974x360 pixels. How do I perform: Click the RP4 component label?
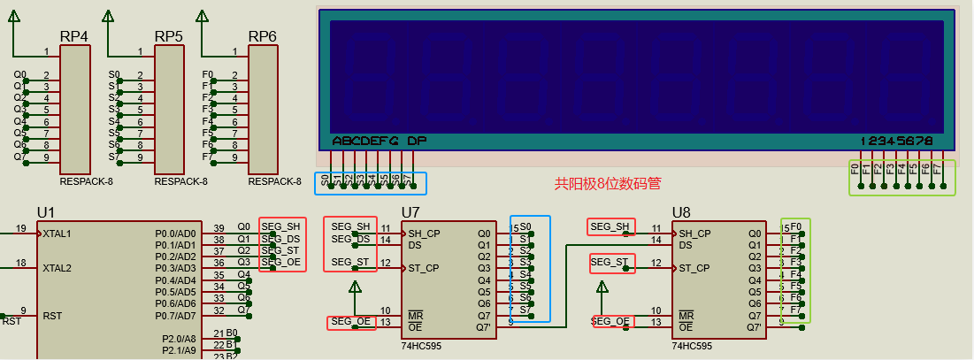pyautogui.click(x=73, y=36)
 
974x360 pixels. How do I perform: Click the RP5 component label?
pyautogui.click(x=168, y=36)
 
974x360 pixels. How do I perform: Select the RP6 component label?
pyautogui.click(x=262, y=36)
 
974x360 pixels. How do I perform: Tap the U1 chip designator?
pyautogui.click(x=46, y=212)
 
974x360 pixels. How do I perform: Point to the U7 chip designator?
pyautogui.click(x=410, y=212)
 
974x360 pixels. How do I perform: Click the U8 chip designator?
pyautogui.click(x=681, y=212)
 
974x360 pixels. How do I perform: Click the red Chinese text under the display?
pyautogui.click(x=608, y=184)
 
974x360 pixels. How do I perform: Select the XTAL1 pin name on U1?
pyautogui.click(x=57, y=234)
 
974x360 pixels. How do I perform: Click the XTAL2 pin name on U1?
pyautogui.click(x=57, y=268)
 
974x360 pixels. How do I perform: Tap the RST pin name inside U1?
pyautogui.click(x=52, y=316)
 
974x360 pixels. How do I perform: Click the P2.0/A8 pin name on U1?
pyautogui.click(x=179, y=339)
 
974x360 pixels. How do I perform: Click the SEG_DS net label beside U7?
pyautogui.click(x=350, y=239)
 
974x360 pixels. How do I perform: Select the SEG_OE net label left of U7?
pyautogui.click(x=350, y=322)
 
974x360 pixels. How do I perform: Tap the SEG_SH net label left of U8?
pyautogui.click(x=610, y=227)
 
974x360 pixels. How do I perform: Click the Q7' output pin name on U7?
pyautogui.click(x=483, y=327)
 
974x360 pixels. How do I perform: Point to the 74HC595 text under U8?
pyautogui.click(x=692, y=347)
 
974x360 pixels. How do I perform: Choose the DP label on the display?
pyautogui.click(x=417, y=141)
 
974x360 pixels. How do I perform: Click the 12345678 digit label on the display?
pyautogui.click(x=897, y=141)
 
